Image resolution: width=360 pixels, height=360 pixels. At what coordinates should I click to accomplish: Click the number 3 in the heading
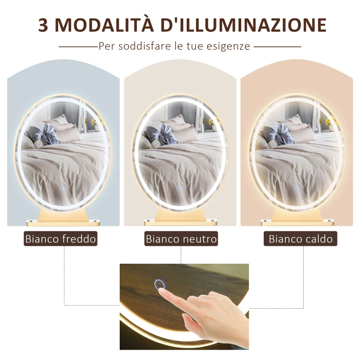44,26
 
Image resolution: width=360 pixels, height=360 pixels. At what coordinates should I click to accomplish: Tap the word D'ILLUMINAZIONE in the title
243,26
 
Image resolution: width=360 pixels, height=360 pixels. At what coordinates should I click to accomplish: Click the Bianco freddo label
61,238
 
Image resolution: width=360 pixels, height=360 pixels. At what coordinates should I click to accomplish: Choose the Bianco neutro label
181,238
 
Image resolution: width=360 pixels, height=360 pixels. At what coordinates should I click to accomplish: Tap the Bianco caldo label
301,238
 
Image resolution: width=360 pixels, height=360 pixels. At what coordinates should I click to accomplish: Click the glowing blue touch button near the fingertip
159,284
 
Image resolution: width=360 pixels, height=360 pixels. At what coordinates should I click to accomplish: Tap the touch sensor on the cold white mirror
63,188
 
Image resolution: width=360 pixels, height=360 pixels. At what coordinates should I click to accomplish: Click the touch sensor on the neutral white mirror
180,188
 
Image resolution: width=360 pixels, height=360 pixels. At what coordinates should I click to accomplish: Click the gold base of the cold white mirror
63,216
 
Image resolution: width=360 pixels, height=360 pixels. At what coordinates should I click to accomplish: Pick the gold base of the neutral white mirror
180,216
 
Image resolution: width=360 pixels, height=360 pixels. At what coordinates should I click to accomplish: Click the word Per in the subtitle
106,46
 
